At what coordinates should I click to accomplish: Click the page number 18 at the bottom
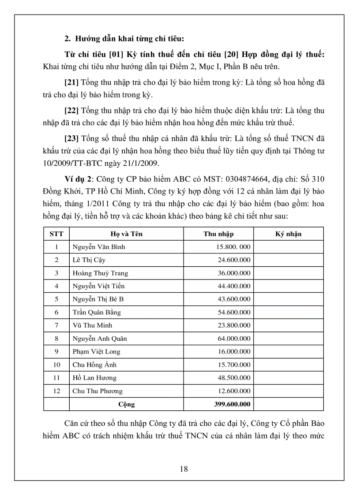(184, 469)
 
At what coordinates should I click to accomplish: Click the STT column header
(56, 234)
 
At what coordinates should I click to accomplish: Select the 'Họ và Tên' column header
(126, 234)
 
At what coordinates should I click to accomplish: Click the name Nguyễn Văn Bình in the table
(99, 247)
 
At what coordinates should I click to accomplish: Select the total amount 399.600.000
(231, 404)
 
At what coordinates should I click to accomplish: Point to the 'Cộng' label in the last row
(127, 404)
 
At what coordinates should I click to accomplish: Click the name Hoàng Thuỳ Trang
(100, 273)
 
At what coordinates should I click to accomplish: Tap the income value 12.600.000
(234, 391)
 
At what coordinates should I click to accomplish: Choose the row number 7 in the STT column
(56, 325)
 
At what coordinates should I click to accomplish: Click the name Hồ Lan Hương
(94, 378)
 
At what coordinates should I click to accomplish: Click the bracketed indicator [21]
(71, 83)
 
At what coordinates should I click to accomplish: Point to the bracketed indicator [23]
(71, 138)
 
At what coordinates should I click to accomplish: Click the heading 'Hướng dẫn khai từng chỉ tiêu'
(127, 38)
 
